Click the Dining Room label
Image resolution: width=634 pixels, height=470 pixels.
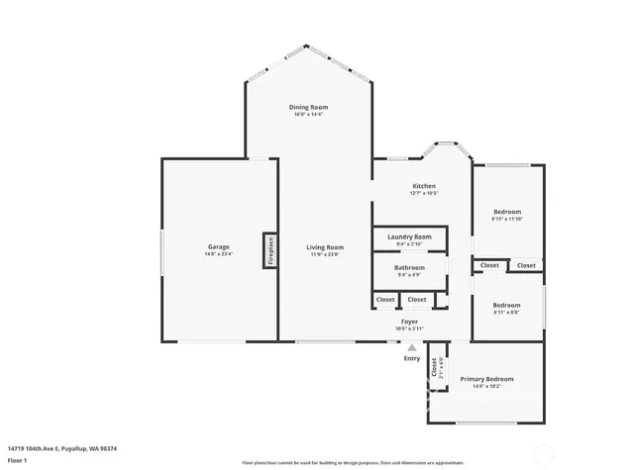pyautogui.click(x=308, y=107)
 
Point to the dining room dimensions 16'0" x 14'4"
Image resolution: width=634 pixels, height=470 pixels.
pyautogui.click(x=308, y=115)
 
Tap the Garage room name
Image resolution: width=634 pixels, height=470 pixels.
pyautogui.click(x=218, y=246)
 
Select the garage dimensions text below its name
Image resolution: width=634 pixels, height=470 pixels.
pyautogui.click(x=218, y=254)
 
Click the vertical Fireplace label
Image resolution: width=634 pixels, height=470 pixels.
pyautogui.click(x=269, y=249)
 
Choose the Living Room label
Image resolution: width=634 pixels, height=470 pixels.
pyautogui.click(x=324, y=246)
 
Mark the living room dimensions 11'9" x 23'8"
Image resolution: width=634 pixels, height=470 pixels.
pyautogui.click(x=324, y=254)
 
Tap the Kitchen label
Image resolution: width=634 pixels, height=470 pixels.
pyautogui.click(x=424, y=186)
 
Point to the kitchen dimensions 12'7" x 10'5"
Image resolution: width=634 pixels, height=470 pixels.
pyautogui.click(x=424, y=194)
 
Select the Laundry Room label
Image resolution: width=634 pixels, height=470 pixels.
pyautogui.click(x=409, y=236)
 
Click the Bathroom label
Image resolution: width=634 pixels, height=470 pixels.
pyautogui.click(x=409, y=267)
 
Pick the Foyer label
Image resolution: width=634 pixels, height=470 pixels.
pyautogui.click(x=409, y=322)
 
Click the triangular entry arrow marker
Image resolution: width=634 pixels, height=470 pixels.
pyautogui.click(x=411, y=346)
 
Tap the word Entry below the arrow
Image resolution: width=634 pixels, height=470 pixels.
pyautogui.click(x=411, y=358)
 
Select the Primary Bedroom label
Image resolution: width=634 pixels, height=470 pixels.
pyautogui.click(x=486, y=379)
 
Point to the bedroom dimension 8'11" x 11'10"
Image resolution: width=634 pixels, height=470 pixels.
pyautogui.click(x=506, y=220)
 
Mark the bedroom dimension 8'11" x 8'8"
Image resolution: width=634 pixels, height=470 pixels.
pyautogui.click(x=506, y=313)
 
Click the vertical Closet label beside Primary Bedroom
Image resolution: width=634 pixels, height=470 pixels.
pyautogui.click(x=434, y=365)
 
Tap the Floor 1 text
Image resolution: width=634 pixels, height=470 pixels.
pyautogui.click(x=19, y=460)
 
